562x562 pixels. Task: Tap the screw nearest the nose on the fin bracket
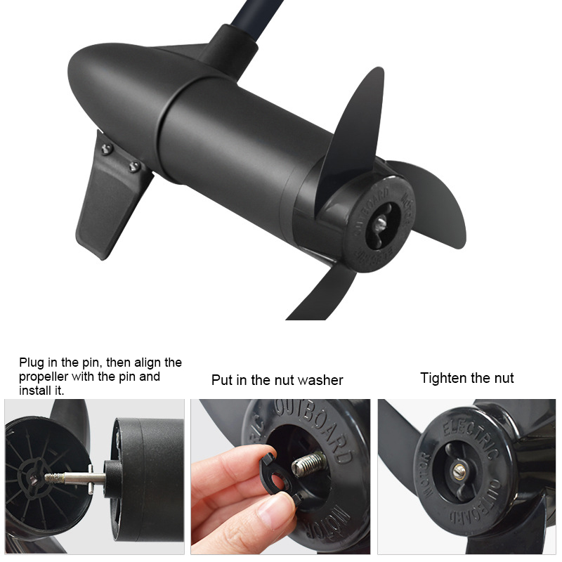[106, 148]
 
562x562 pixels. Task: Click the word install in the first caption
[35, 391]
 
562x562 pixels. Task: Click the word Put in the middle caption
[223, 380]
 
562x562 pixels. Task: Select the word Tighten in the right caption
[443, 378]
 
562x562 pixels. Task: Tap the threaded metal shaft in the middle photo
[309, 463]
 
